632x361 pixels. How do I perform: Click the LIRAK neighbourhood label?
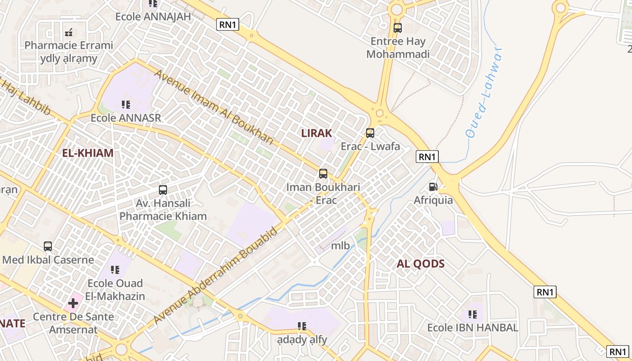click(x=316, y=133)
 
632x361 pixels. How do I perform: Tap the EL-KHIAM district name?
click(x=88, y=153)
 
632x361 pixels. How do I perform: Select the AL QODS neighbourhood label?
click(x=421, y=264)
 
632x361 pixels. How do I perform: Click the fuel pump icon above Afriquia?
click(x=433, y=186)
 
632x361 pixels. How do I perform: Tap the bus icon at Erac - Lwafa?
click(x=370, y=133)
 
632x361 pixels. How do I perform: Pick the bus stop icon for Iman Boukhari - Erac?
click(x=323, y=173)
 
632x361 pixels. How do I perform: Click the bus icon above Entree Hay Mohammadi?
click(x=398, y=28)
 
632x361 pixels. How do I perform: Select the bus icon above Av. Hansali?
click(x=163, y=190)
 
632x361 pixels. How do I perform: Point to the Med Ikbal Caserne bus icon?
click(x=48, y=246)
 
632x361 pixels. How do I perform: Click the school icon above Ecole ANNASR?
click(x=126, y=105)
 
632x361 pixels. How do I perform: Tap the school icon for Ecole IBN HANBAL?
click(x=473, y=314)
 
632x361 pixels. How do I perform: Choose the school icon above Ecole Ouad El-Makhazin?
click(x=115, y=270)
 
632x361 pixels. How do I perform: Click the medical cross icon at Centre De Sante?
click(x=73, y=303)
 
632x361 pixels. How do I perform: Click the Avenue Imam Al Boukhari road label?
click(x=214, y=106)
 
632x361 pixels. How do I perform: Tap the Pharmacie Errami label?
click(x=69, y=46)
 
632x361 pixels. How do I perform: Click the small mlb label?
click(x=340, y=245)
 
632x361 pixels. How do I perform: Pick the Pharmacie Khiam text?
click(x=163, y=216)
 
